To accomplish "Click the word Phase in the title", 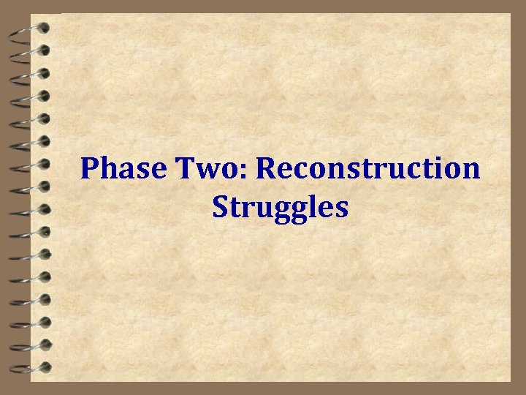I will [124, 169].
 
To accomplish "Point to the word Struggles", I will [281, 208].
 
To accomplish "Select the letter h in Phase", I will [110, 169].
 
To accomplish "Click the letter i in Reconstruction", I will [436, 169].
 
